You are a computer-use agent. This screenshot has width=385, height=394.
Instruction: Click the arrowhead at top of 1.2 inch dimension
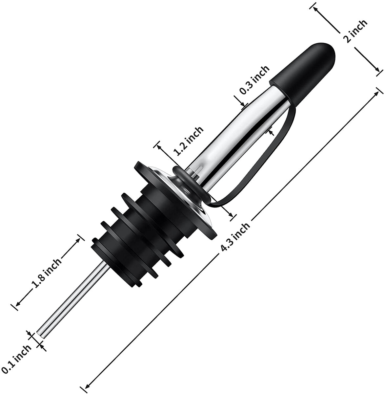coord(159,146)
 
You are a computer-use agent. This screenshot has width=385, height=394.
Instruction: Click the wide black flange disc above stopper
coord(154,184)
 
